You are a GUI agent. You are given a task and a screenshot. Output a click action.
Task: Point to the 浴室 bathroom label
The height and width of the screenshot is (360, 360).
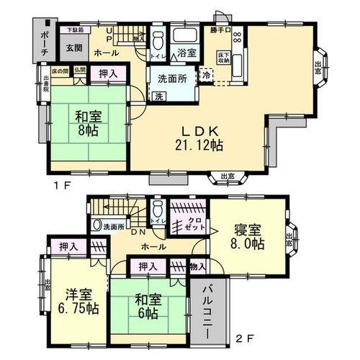[x=188, y=53]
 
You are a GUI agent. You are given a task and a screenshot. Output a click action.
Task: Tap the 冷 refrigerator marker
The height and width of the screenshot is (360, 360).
[x=206, y=74]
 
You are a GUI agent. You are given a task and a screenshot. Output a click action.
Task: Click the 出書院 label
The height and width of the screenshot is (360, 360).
[x=45, y=84]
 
